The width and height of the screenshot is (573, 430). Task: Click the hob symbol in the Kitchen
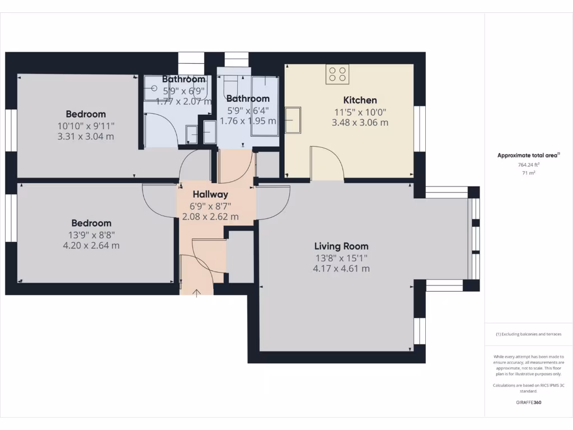click(337, 74)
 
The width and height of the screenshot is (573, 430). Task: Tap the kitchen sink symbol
click(293, 120)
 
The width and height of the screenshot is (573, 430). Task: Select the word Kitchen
click(360, 100)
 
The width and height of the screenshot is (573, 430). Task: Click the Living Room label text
click(341, 246)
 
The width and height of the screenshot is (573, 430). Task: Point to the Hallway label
click(210, 194)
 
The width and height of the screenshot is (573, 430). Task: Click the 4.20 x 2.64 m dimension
click(91, 245)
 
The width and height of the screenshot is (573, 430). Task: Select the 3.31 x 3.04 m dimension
click(86, 136)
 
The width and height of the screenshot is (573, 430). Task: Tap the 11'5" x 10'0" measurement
click(360, 112)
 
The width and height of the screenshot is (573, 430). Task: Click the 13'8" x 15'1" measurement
click(341, 258)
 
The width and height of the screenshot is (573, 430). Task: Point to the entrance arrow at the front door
click(197, 292)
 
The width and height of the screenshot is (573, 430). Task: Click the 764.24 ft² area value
click(528, 165)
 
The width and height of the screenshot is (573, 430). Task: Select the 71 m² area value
click(528, 174)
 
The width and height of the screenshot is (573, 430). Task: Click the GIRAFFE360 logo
click(528, 402)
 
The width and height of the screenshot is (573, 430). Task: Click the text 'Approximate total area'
click(527, 156)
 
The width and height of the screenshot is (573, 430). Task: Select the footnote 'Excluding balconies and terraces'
click(530, 334)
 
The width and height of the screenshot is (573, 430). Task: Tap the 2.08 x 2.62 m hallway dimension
click(210, 217)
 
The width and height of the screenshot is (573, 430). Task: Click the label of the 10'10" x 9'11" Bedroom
click(86, 114)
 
